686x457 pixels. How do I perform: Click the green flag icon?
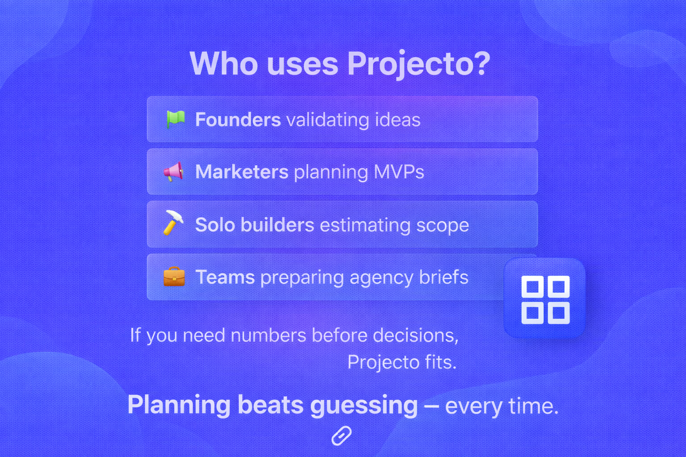pyautogui.click(x=175, y=119)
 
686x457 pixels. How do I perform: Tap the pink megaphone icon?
pyautogui.click(x=173, y=171)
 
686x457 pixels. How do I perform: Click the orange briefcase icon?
pyautogui.click(x=174, y=277)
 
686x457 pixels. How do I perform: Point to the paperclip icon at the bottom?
pyautogui.click(x=342, y=436)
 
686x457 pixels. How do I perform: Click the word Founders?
pyautogui.click(x=238, y=120)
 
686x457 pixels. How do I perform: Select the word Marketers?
pyautogui.click(x=242, y=172)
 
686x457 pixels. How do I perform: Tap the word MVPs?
pyautogui.click(x=398, y=172)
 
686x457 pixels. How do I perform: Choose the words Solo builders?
pyautogui.click(x=255, y=224)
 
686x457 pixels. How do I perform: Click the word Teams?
pyautogui.click(x=225, y=277)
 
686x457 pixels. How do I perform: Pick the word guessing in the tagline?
pyautogui.click(x=364, y=405)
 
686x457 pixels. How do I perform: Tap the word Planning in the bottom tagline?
pyautogui.click(x=179, y=405)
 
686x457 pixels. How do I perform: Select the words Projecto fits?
pyautogui.click(x=402, y=362)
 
